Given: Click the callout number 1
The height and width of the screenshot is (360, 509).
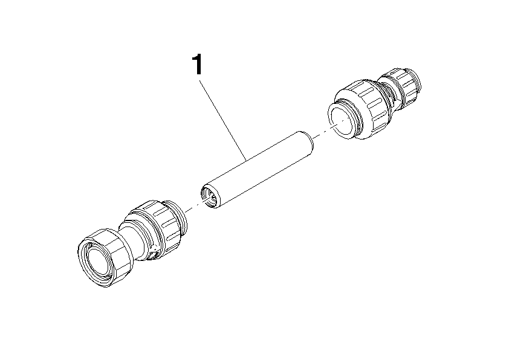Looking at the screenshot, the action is pyautogui.click(x=197, y=64).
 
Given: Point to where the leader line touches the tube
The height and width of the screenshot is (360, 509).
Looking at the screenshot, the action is pyautogui.click(x=246, y=159).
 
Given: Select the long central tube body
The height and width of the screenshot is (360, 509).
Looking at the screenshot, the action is pyautogui.click(x=257, y=170).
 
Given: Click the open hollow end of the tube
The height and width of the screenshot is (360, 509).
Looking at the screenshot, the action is pyautogui.click(x=210, y=196).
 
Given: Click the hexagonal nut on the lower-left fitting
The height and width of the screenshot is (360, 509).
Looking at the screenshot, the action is pyautogui.click(x=103, y=257).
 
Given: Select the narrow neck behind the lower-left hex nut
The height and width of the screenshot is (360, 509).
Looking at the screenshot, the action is pyautogui.click(x=134, y=239).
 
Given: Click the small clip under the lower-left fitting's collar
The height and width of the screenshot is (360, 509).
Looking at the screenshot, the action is pyautogui.click(x=152, y=254).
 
